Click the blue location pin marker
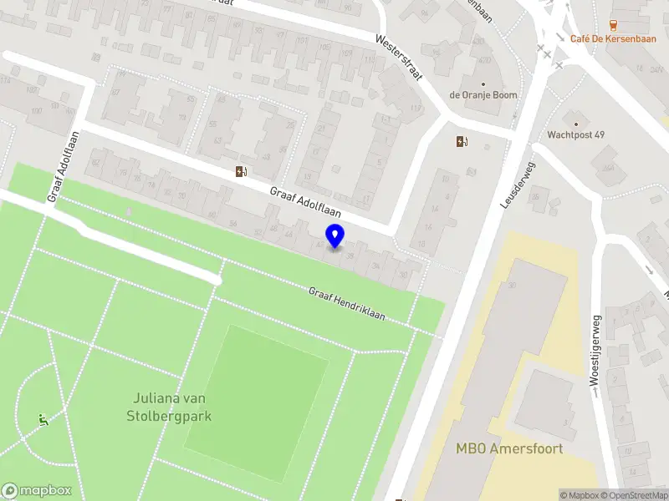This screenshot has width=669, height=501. pyautogui.click(x=335, y=236)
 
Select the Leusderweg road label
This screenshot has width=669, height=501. pyautogui.click(x=518, y=185)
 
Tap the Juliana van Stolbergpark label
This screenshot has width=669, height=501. pyautogui.click(x=170, y=407)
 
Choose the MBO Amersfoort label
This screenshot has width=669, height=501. pyautogui.click(x=509, y=448)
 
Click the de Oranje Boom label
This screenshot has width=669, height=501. pyautogui.click(x=483, y=95)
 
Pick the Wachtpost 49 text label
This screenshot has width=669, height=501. pyautogui.click(x=576, y=134)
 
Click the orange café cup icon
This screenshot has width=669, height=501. pyautogui.click(x=614, y=23)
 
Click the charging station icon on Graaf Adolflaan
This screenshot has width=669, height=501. pyautogui.click(x=241, y=171)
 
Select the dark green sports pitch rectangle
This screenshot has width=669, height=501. pyautogui.click(x=256, y=389)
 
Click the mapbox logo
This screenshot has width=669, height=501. pyautogui.click(x=36, y=491)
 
